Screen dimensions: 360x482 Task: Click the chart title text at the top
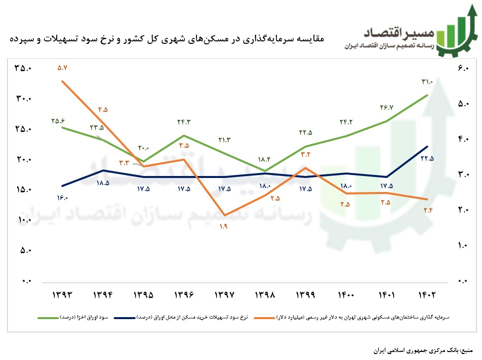(167, 38)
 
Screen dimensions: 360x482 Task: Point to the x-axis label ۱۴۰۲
(427, 295)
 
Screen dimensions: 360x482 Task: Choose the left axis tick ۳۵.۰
(22, 68)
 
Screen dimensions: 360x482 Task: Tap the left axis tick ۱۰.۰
(22, 220)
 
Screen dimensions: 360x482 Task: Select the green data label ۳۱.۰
(427, 82)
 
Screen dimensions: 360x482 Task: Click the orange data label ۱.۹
(223, 227)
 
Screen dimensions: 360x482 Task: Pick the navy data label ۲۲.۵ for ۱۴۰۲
(427, 159)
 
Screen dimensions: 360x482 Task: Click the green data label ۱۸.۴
(264, 160)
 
